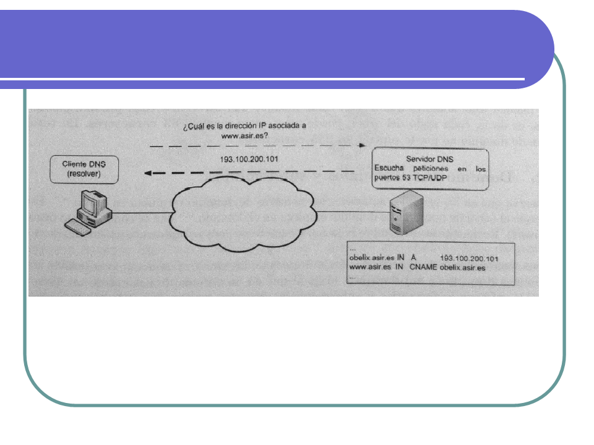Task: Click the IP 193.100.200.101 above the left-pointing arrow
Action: coord(249,159)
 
